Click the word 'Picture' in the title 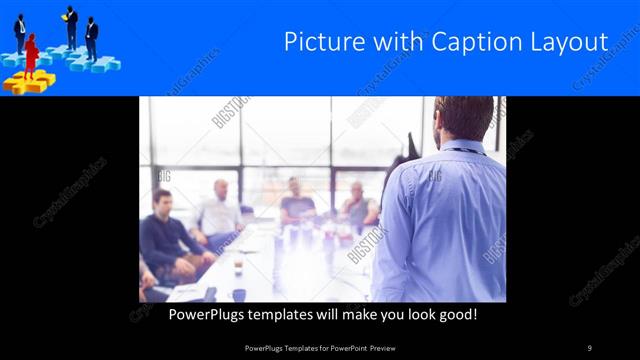coord(319,43)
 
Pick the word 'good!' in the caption coord(454,313)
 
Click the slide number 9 coord(590,347)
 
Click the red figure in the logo coord(31,56)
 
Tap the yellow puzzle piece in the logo coord(27,83)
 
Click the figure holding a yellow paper coord(71,26)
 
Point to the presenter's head coord(464,118)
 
